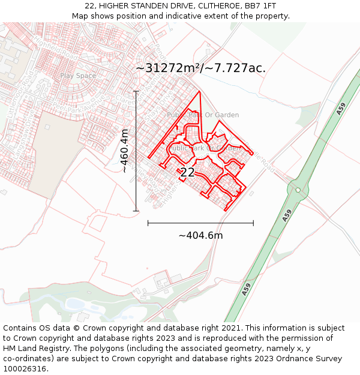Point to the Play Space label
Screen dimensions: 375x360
coord(77,76)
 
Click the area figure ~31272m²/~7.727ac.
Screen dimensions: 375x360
coord(200,68)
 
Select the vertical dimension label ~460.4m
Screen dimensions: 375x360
coord(124,151)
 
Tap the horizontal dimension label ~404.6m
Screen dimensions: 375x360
coord(200,235)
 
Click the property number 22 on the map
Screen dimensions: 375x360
coord(187,173)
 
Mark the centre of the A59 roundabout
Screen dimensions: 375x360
coord(298,190)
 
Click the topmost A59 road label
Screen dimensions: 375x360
coord(341,109)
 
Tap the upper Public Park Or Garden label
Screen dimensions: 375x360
coord(203,115)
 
